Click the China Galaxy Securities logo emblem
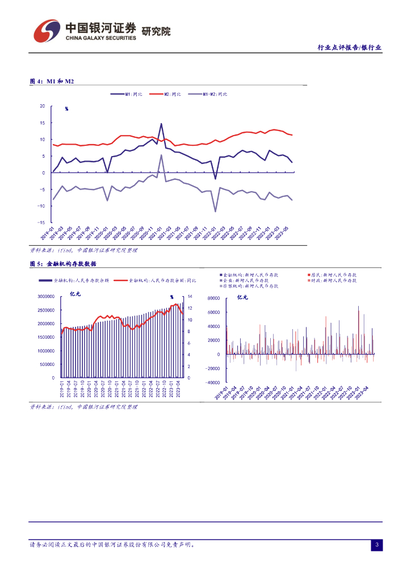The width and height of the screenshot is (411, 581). [47, 32]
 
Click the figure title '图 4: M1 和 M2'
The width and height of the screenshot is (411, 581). [52, 82]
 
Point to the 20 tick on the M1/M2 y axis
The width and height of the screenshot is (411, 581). [42, 106]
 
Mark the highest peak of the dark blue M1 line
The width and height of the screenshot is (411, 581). [161, 124]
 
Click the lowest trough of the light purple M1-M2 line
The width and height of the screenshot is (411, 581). [216, 212]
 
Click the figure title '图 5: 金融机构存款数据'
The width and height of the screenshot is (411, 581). [62, 264]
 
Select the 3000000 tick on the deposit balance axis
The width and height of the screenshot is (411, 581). [45, 297]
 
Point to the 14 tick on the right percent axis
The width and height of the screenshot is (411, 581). [190, 297]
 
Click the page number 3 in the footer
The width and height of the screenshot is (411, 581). [376, 545]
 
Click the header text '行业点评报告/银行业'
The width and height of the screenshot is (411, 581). [349, 48]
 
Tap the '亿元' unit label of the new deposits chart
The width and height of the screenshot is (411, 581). [242, 297]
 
